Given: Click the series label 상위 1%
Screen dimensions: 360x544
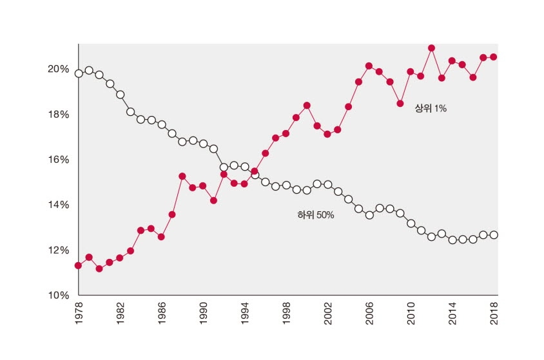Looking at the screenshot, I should [x=431, y=109].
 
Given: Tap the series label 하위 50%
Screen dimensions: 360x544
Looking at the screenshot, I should [x=315, y=214].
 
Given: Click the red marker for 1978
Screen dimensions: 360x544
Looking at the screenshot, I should [x=79, y=265].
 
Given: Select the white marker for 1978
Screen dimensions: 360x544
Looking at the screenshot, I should [x=79, y=73].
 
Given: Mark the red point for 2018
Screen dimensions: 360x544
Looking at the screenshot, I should [x=494, y=57].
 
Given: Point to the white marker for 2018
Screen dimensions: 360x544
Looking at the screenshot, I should [x=494, y=235].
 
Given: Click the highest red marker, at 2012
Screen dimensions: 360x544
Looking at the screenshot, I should [x=431, y=48].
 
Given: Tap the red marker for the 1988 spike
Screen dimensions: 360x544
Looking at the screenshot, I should [x=182, y=176].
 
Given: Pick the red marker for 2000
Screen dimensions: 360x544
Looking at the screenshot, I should [x=307, y=105].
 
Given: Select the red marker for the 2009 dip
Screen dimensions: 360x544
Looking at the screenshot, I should [x=400, y=104].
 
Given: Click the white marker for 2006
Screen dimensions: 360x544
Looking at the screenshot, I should [x=369, y=215].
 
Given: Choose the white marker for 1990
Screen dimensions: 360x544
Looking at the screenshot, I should [x=203, y=144].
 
